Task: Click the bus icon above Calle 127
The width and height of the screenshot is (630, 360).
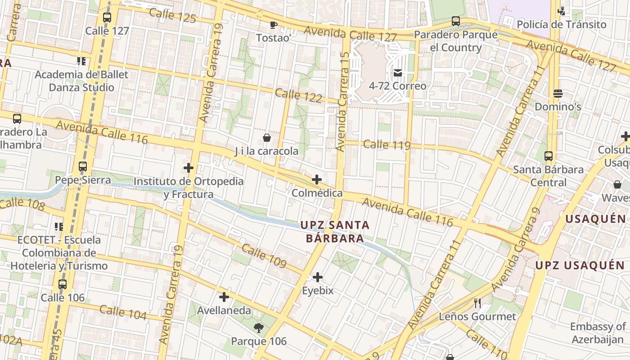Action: [x=107, y=18]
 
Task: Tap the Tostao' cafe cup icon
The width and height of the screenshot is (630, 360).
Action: [x=273, y=25]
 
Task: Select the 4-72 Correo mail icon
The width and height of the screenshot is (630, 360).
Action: [x=398, y=72]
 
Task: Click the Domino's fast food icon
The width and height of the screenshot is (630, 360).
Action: [x=558, y=94]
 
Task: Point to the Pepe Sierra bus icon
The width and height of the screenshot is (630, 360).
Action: [x=83, y=166]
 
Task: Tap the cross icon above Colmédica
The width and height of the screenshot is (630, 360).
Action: [x=317, y=180]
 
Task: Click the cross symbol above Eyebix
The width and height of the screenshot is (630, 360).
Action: [x=318, y=277]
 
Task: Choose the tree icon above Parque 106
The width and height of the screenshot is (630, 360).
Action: [x=258, y=328]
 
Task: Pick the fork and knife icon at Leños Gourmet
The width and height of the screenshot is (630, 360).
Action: [x=477, y=303]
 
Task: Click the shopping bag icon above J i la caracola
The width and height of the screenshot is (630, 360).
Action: [x=267, y=137]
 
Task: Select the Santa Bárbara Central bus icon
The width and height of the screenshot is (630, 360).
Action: [x=549, y=156]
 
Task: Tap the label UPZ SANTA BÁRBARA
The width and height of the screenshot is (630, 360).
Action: [x=335, y=231]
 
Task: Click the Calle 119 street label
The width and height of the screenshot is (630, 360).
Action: [x=387, y=145]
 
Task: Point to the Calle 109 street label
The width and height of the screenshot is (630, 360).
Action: [x=264, y=256]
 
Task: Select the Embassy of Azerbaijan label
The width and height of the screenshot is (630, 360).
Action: [x=598, y=333]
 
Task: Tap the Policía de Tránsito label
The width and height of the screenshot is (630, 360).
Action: [x=562, y=24]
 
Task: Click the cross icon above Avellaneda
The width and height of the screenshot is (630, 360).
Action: [x=224, y=297]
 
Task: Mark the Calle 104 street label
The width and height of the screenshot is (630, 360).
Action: [x=123, y=312]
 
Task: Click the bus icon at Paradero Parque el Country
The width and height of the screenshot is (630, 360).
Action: [x=456, y=21]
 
